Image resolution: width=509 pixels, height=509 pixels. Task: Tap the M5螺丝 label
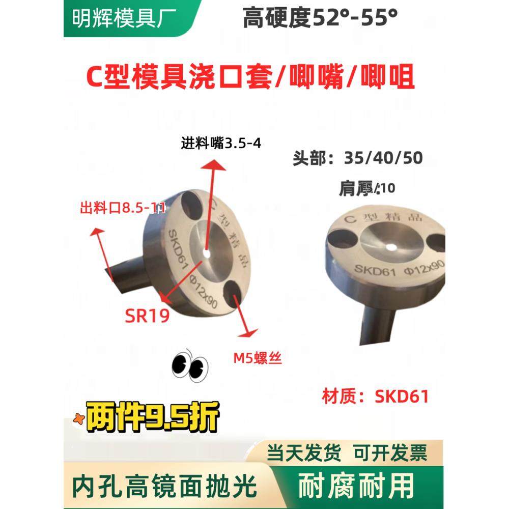(257, 359)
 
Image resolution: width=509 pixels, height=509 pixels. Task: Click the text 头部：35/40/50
(357, 158)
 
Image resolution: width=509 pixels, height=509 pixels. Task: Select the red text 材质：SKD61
(375, 396)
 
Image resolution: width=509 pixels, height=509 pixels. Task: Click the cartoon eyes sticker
(190, 365)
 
